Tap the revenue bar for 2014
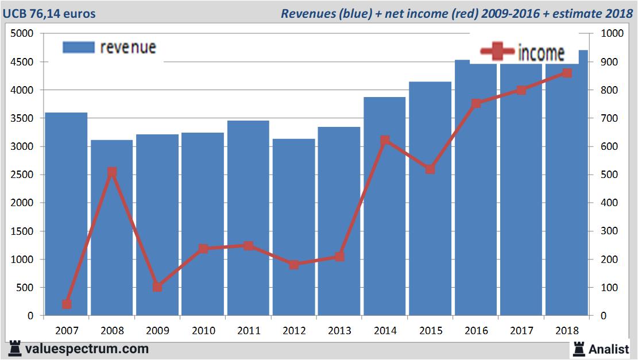pyautogui.click(x=384, y=207)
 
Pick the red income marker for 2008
pyautogui.click(x=112, y=172)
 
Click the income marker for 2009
pyautogui.click(x=157, y=287)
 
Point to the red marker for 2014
pyautogui.click(x=385, y=140)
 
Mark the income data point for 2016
pyautogui.click(x=475, y=103)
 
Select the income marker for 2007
pyautogui.click(x=67, y=304)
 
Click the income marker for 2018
pyautogui.click(x=567, y=73)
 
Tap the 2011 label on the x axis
pyautogui.click(x=249, y=331)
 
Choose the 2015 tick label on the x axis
pyautogui.click(x=430, y=331)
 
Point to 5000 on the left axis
pyautogui.click(x=22, y=34)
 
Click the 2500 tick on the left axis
pyautogui.click(x=22, y=175)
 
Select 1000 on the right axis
pyautogui.click(x=611, y=34)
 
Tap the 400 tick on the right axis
pyautogui.click(x=609, y=203)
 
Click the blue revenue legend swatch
pyautogui.click(x=78, y=47)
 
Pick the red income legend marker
pyautogui.click(x=497, y=53)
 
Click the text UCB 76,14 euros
pyautogui.click(x=50, y=13)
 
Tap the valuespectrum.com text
pyautogui.click(x=87, y=349)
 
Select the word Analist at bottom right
pyautogui.click(x=609, y=348)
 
